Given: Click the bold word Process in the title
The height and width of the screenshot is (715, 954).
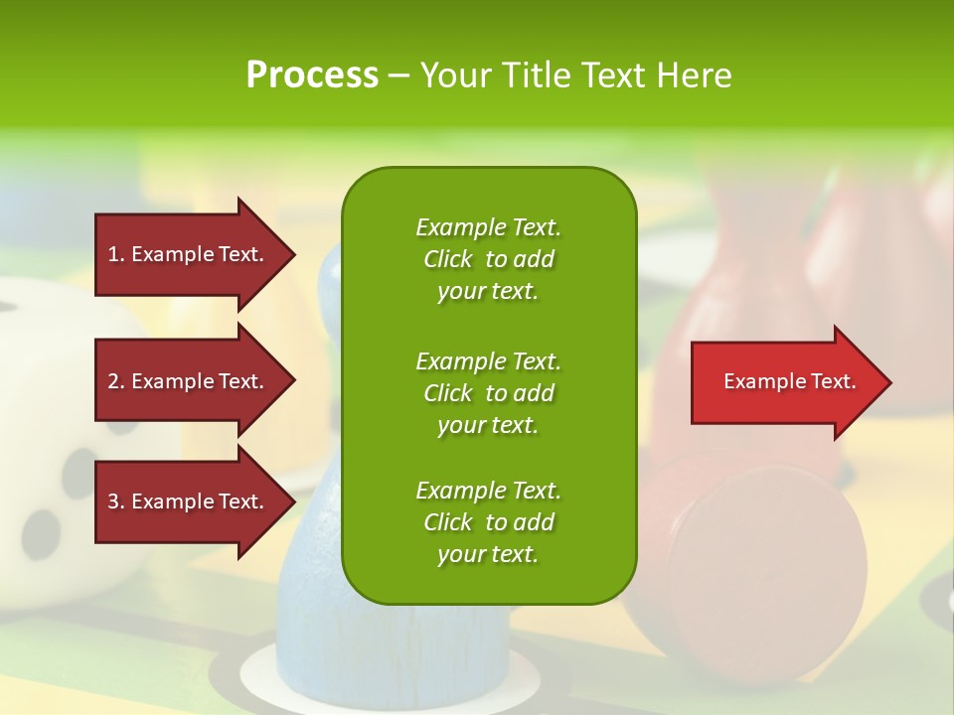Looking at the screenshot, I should click(x=312, y=75).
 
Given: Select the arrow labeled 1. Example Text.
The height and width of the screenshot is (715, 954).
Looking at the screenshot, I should click(x=189, y=254).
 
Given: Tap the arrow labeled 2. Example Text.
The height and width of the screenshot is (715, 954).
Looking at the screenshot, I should click(x=189, y=381).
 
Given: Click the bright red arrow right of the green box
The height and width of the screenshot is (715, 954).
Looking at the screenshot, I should click(x=785, y=382).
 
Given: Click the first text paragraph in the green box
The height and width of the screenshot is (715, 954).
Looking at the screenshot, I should click(x=488, y=259).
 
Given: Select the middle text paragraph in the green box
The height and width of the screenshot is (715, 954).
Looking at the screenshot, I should click(x=488, y=393).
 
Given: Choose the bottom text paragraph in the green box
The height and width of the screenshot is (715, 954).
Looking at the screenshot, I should click(x=488, y=522).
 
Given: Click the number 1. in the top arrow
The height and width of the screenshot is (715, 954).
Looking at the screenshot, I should click(x=116, y=254).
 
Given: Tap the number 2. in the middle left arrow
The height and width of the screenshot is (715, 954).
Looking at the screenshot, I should click(x=116, y=381).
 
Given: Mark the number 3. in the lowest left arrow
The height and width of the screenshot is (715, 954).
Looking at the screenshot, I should click(x=116, y=502).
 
